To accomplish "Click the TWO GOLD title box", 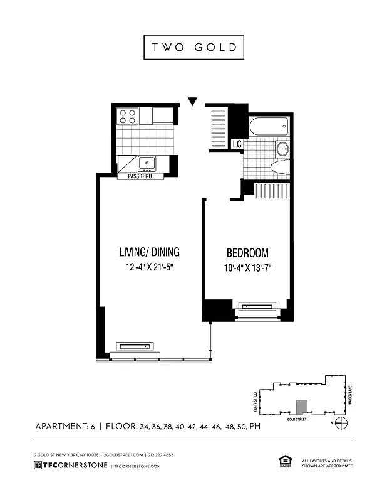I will tap(194, 48).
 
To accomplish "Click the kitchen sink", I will tap(147, 163).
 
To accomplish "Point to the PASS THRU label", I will tap(140, 176).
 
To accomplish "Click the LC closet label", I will tap(237, 144).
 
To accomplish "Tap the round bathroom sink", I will tap(282, 149).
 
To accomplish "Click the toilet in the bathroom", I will tap(278, 169).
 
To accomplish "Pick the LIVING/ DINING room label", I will tap(149, 252).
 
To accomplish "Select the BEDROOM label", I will tap(247, 254).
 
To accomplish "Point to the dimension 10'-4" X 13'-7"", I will tap(247, 269).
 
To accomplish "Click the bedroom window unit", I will tap(258, 307).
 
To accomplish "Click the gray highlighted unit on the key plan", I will tap(302, 407).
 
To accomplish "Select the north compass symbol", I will tap(341, 423).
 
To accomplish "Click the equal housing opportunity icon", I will tap(283, 462).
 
